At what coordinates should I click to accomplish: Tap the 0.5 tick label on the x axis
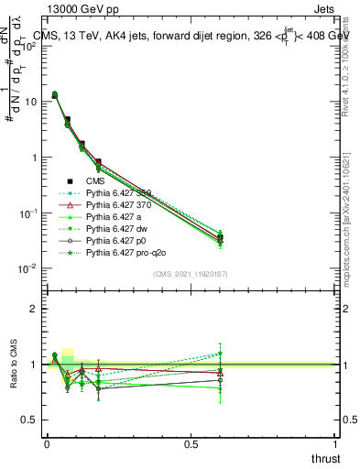[x=191, y=443]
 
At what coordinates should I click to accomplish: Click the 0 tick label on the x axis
[x=46, y=443]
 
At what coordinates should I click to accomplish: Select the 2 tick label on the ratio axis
[x=31, y=310]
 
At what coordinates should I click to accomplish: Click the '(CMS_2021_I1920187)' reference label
[x=191, y=275]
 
